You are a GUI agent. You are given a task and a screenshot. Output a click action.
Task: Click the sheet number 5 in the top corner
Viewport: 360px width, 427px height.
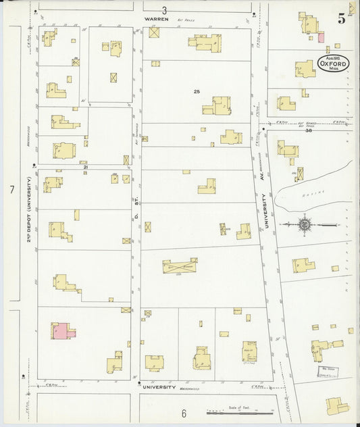[342, 19]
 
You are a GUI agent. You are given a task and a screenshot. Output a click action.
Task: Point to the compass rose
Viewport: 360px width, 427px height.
[304, 224]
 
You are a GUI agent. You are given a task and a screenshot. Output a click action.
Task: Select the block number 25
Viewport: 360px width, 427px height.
[197, 91]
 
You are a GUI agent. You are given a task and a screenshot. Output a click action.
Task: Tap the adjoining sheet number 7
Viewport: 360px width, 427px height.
[11, 191]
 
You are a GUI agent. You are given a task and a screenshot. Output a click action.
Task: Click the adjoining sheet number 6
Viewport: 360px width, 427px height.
[183, 412]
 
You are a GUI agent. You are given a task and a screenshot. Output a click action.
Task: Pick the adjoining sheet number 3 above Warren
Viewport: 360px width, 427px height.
[163, 9]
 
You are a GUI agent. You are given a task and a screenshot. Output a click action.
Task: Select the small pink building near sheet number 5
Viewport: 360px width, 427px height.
[321, 36]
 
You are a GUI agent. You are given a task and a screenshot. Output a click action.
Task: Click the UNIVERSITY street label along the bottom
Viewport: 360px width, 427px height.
[159, 388]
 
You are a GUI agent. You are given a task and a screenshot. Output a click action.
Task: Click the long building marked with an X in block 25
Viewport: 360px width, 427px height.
[180, 267]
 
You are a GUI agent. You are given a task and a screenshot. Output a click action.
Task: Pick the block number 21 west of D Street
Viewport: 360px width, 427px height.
[84, 165]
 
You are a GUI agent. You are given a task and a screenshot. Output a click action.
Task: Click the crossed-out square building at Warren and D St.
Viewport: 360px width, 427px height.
[154, 32]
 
